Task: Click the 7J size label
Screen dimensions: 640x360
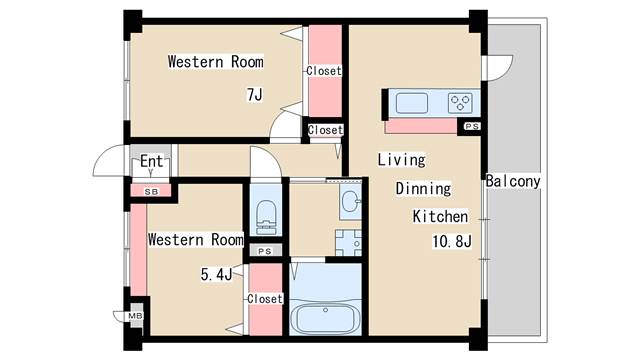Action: click(x=255, y=95)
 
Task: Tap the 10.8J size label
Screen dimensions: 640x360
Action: click(x=452, y=241)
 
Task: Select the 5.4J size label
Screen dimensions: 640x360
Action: click(x=216, y=274)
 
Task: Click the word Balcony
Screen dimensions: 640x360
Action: click(x=513, y=181)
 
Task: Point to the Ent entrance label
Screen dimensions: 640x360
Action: click(x=151, y=161)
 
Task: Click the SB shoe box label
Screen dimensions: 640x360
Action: click(x=151, y=191)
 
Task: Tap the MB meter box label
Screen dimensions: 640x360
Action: click(x=136, y=316)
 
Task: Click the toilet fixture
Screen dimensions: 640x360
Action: click(x=266, y=217)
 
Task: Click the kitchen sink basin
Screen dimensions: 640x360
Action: click(x=412, y=102)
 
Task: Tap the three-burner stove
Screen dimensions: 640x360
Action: click(x=460, y=102)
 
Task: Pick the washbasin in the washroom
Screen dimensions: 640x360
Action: click(x=351, y=201)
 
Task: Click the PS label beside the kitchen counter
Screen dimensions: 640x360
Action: click(x=472, y=127)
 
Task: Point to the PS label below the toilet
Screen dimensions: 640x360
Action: click(x=265, y=251)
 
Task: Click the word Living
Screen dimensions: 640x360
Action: click(x=401, y=160)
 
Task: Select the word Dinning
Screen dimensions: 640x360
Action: click(x=423, y=189)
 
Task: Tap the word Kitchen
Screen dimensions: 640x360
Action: click(x=440, y=216)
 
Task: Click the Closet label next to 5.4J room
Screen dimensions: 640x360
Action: click(x=265, y=299)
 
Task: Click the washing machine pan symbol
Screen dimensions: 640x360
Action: click(x=348, y=242)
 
